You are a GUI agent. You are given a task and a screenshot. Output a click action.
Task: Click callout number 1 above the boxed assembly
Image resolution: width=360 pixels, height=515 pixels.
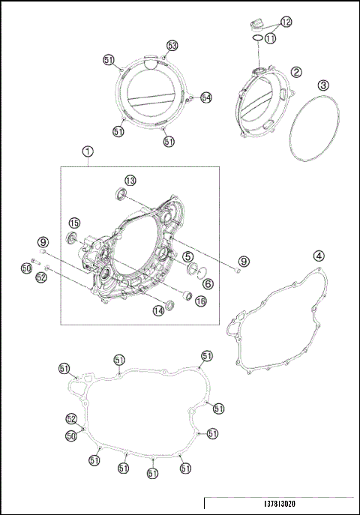pyautogui.click(x=88, y=151)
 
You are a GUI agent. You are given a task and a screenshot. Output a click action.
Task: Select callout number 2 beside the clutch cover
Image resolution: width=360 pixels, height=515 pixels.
pyautogui.click(x=297, y=72)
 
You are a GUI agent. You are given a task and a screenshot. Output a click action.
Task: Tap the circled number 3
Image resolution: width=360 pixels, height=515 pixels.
pyautogui.click(x=322, y=85)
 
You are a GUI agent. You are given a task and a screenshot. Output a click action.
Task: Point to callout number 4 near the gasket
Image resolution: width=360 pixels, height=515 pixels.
pyautogui.click(x=319, y=256)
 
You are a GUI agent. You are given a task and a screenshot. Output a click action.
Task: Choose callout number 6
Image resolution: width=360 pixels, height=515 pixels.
pyautogui.click(x=208, y=284)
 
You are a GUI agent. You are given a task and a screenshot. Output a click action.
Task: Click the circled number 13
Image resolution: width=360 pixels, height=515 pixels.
pyautogui.click(x=130, y=181)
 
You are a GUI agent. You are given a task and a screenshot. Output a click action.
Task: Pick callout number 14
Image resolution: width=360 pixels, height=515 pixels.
pyautogui.click(x=158, y=310)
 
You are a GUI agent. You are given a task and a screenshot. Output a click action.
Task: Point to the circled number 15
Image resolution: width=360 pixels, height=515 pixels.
pyautogui.click(x=75, y=223)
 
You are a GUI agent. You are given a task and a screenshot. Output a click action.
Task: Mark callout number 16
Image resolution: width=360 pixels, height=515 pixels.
pyautogui.click(x=200, y=301)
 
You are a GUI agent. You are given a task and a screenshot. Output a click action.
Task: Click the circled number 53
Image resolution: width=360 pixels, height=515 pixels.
pyautogui.click(x=172, y=46)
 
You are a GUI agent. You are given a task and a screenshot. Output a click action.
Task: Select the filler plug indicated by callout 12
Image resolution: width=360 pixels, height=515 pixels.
pyautogui.click(x=257, y=22)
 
